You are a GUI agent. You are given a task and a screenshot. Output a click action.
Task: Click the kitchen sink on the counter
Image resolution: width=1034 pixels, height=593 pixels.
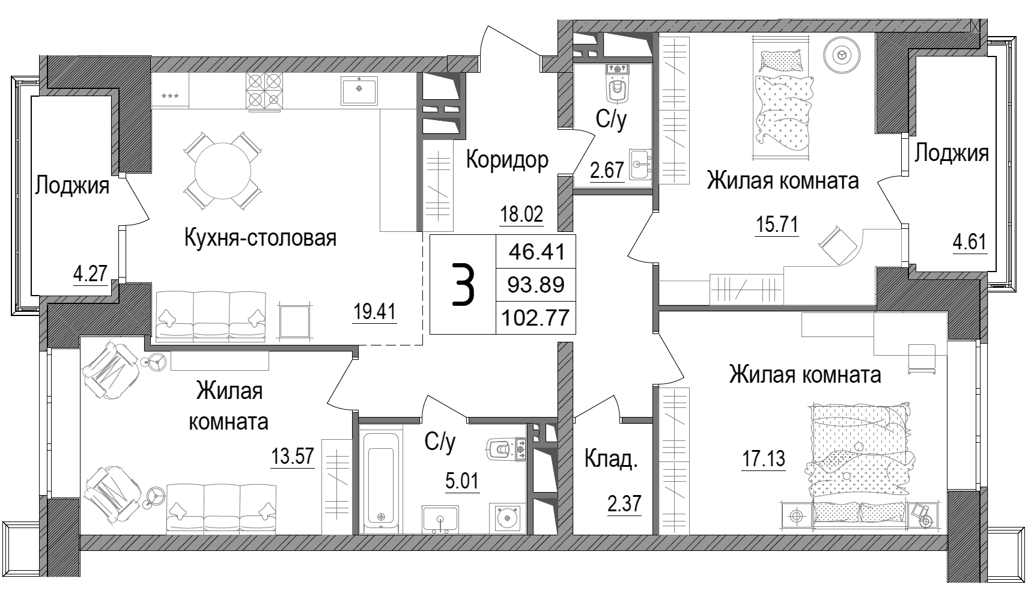[x=359, y=90]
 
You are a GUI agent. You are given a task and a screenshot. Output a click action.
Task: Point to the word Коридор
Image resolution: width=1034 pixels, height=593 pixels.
[x=507, y=160]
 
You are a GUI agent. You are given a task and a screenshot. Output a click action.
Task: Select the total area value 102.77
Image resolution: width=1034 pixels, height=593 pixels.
[x=536, y=317]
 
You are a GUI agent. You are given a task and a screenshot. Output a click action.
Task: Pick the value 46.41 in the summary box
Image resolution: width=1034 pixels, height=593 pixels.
[x=536, y=251]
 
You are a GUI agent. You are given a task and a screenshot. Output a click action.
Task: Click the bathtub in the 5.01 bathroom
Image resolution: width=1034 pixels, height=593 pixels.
[x=382, y=478]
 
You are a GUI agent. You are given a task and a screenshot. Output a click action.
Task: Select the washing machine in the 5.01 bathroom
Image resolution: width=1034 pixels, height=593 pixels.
[x=508, y=517]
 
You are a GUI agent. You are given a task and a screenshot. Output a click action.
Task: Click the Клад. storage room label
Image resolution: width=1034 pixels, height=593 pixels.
[x=610, y=460]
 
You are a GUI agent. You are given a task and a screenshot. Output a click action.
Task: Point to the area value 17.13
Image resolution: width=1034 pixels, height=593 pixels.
[x=763, y=460]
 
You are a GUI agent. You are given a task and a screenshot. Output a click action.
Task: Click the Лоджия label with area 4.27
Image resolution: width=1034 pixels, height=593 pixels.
[x=72, y=186]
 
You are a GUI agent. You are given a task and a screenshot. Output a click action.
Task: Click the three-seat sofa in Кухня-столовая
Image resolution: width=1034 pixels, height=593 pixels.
[x=210, y=316]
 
